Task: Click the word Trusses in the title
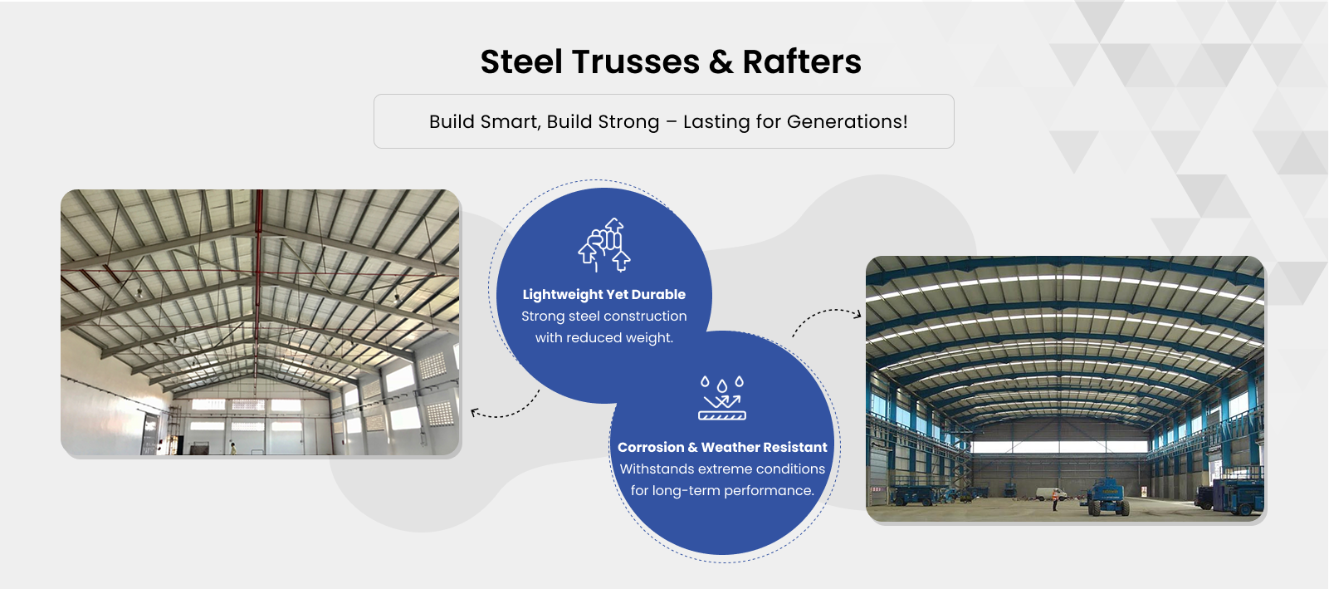(x=636, y=61)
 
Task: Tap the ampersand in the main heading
(x=721, y=61)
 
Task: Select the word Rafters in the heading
(x=802, y=61)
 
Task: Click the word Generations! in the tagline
(x=848, y=122)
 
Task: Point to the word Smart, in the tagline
(x=511, y=122)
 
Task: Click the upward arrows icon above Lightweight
(x=604, y=244)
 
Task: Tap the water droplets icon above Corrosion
(x=722, y=398)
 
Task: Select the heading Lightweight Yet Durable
(x=604, y=294)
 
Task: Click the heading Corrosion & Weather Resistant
(x=722, y=447)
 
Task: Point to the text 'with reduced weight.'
(x=604, y=338)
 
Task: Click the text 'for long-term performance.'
(x=722, y=490)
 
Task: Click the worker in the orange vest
(x=1054, y=500)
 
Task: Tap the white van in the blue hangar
(x=1052, y=493)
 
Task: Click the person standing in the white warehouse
(x=233, y=448)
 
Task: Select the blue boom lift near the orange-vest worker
(x=1107, y=497)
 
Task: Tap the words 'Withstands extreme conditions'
(x=722, y=469)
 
